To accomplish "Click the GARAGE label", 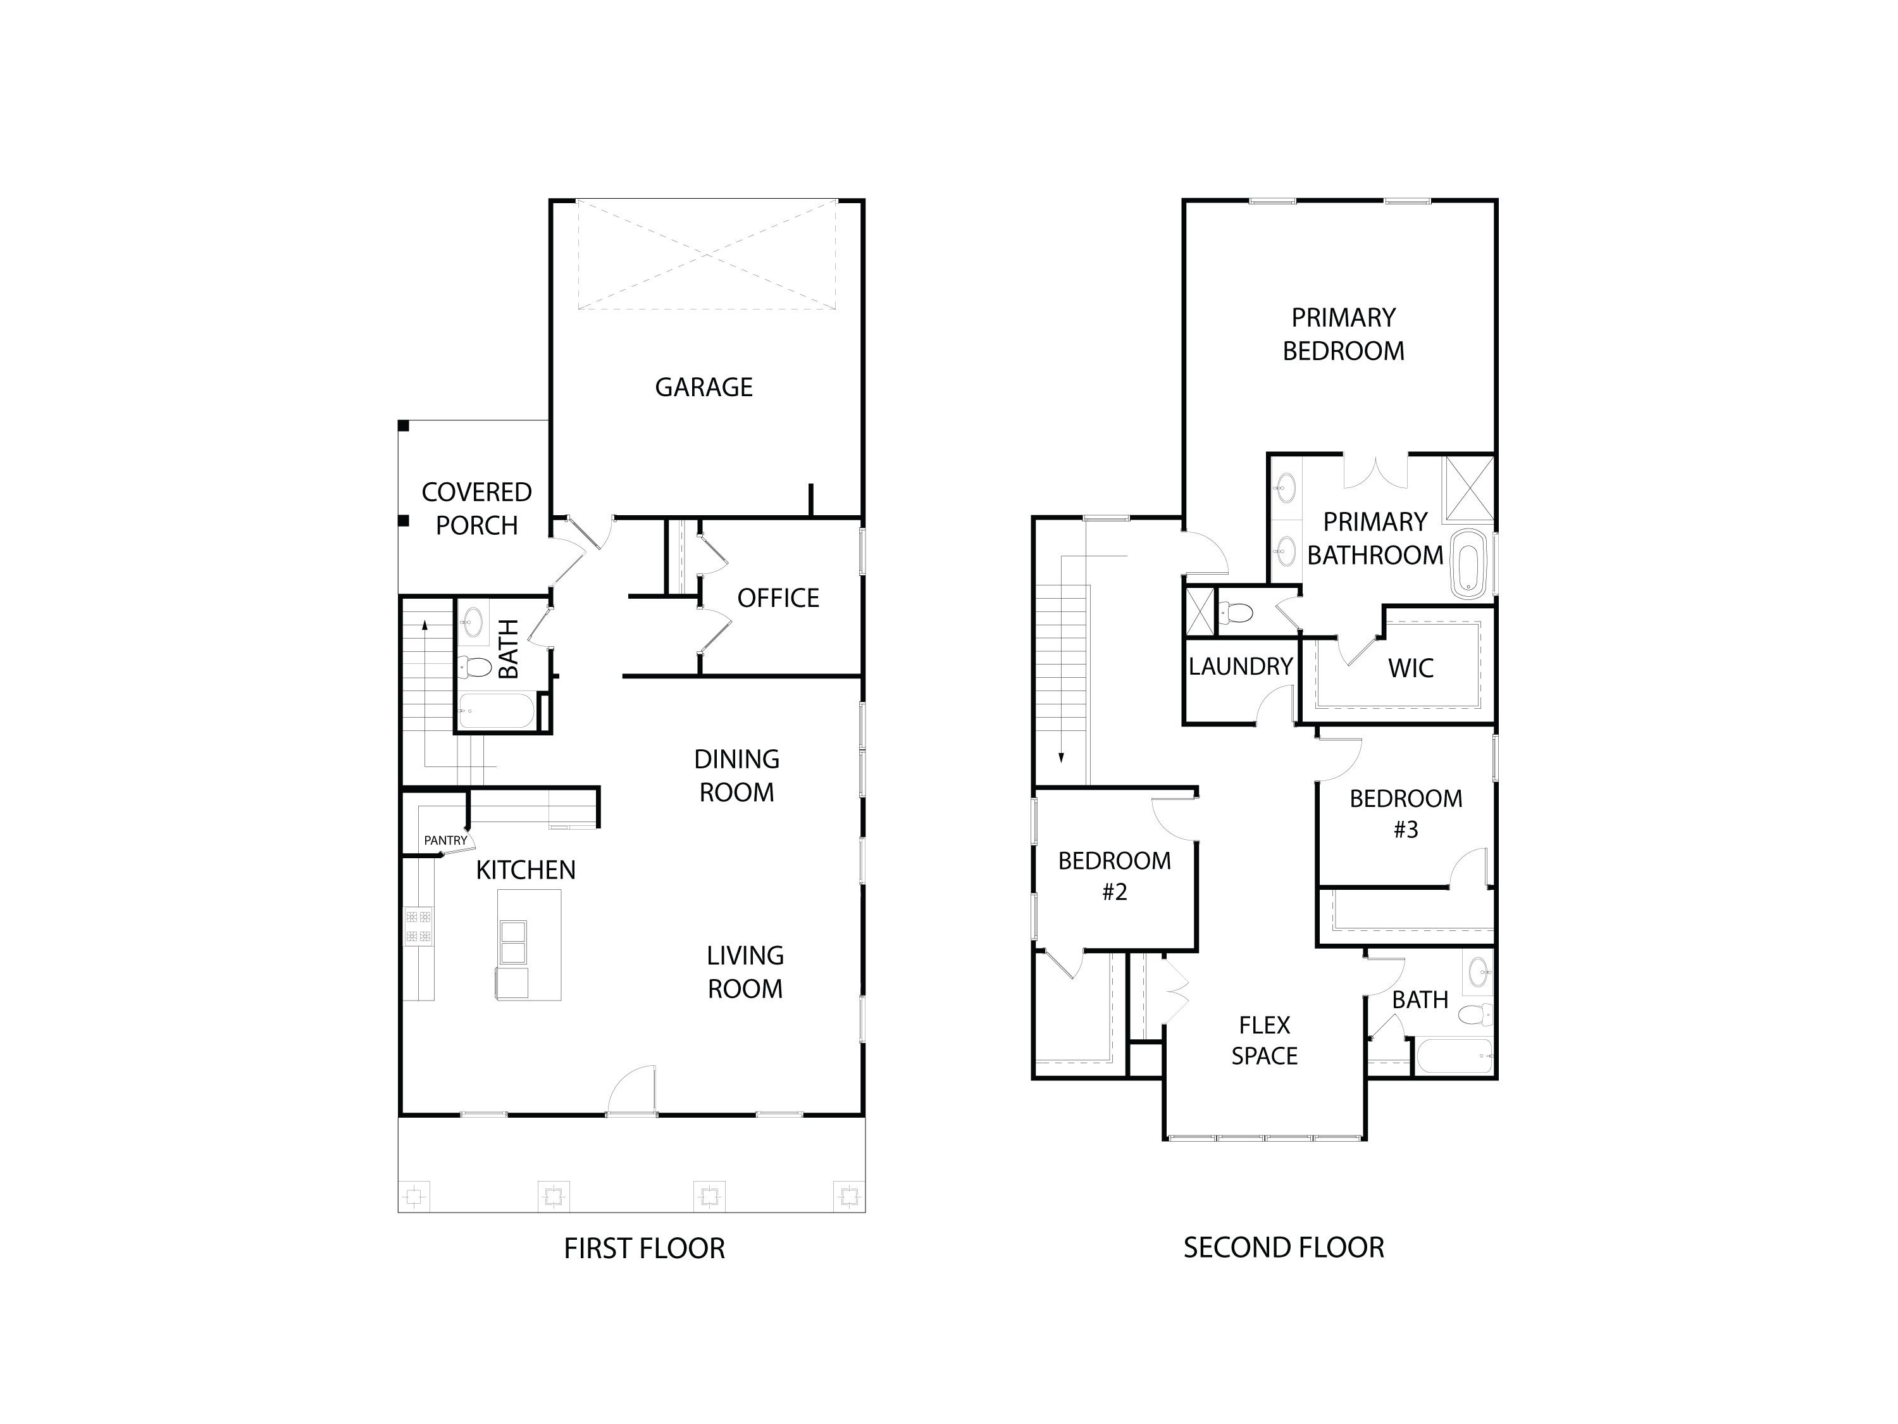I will [704, 387].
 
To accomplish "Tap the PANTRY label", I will [445, 840].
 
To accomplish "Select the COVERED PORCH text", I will [476, 508].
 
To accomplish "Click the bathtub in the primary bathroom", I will [1468, 563].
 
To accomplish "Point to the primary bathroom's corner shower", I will [1469, 490].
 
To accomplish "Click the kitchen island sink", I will [512, 942].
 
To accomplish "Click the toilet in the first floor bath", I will [474, 665].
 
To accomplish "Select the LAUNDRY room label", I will [1240, 666].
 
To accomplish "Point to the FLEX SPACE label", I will [1264, 1040].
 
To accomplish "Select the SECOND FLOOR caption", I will [1284, 1247].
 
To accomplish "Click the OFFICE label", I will [778, 598].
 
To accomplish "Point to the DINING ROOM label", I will [736, 775].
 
